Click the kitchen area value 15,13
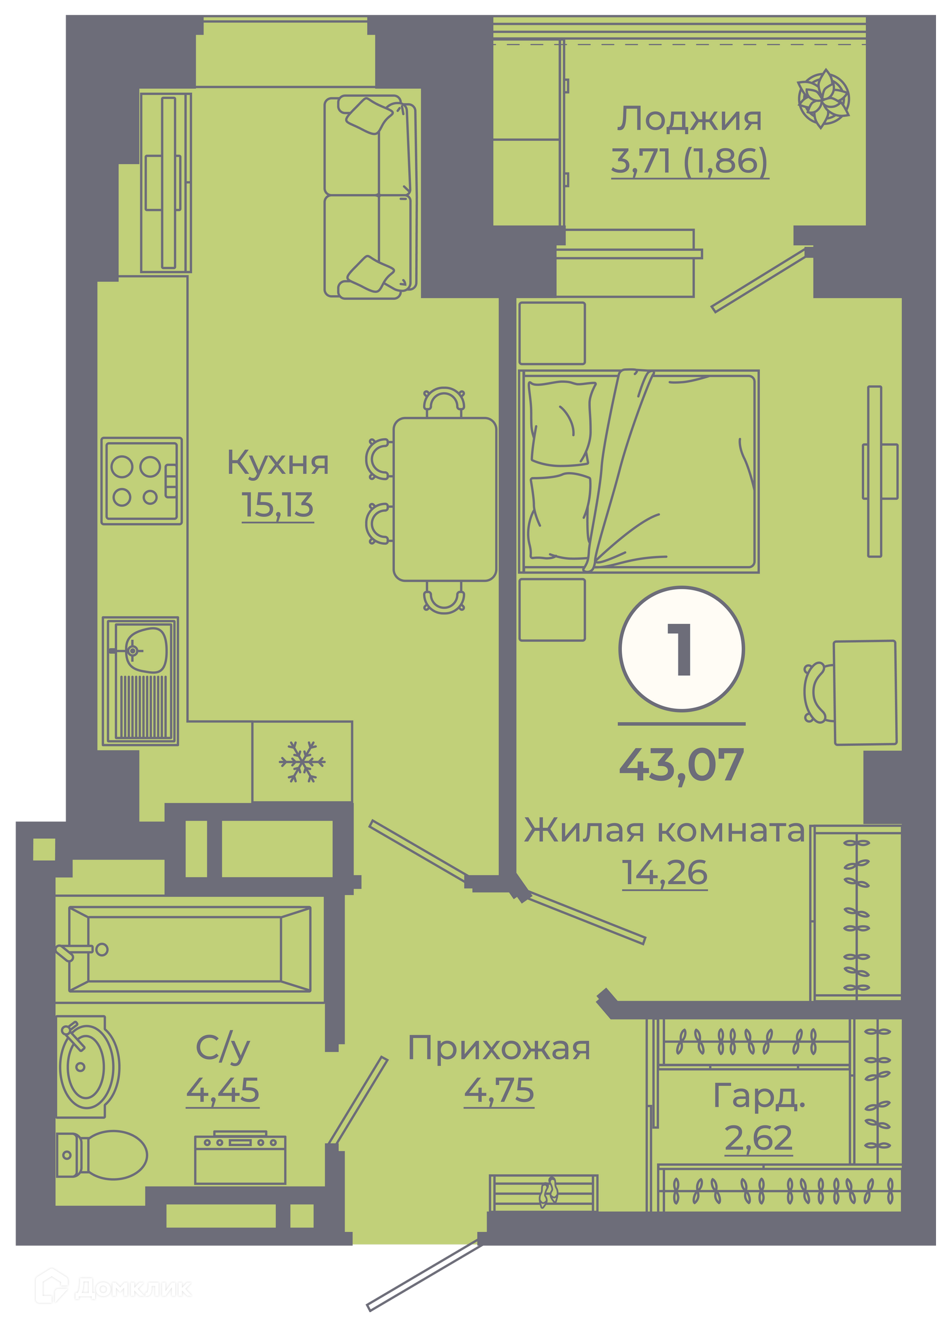click(278, 505)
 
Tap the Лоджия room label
click(690, 119)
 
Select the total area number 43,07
click(681, 764)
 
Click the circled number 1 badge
click(681, 649)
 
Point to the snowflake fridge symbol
click(302, 762)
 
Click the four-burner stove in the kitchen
click(141, 481)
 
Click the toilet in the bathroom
click(101, 1155)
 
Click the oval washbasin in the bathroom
click(88, 1067)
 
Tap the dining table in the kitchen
click(445, 499)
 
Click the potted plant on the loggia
click(824, 98)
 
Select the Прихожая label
click(499, 1048)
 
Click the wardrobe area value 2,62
click(758, 1137)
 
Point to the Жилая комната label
click(664, 830)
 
